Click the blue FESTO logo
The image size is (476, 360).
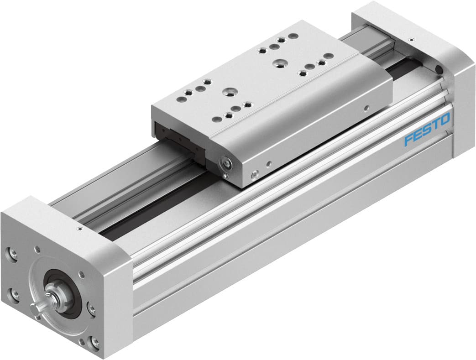point(427,130)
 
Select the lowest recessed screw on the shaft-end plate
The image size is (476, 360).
point(95,341)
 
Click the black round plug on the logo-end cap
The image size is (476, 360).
point(439,69)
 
